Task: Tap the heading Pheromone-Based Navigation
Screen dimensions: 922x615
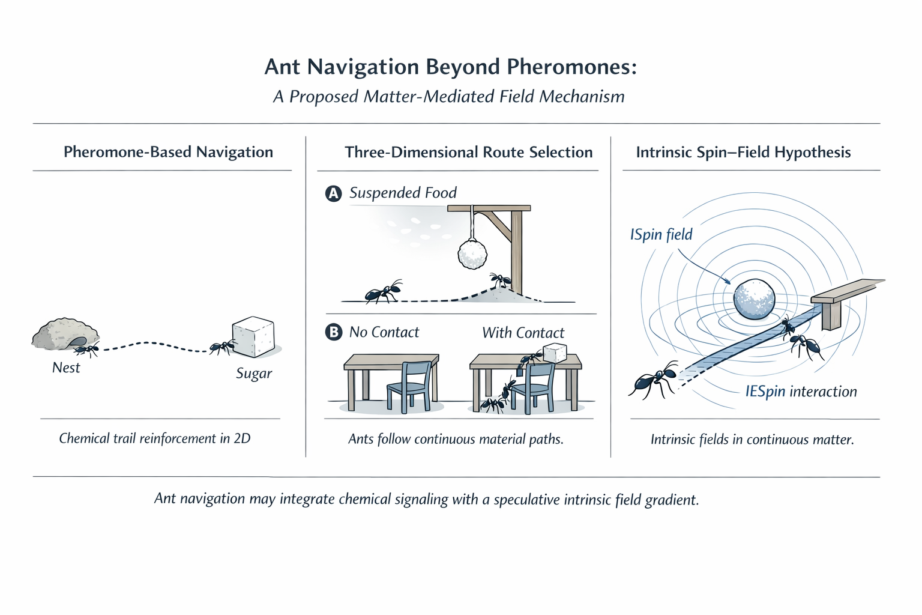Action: tap(168, 152)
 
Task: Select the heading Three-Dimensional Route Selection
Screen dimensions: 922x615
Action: tap(468, 152)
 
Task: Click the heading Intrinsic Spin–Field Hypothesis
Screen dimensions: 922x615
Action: tap(743, 152)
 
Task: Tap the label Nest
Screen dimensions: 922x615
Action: tap(66, 368)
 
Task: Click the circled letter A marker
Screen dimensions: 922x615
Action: tap(333, 193)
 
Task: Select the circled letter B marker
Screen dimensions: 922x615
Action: tap(333, 332)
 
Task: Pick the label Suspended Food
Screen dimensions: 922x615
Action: tap(403, 193)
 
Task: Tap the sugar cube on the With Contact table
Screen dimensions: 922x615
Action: tap(555, 354)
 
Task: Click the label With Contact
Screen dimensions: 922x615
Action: tap(523, 333)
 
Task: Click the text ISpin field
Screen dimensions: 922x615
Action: tap(661, 234)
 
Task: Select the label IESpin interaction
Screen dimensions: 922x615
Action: tap(801, 392)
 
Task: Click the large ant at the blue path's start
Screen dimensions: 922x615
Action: tap(653, 380)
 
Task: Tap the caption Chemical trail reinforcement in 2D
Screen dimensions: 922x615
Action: tap(155, 438)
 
